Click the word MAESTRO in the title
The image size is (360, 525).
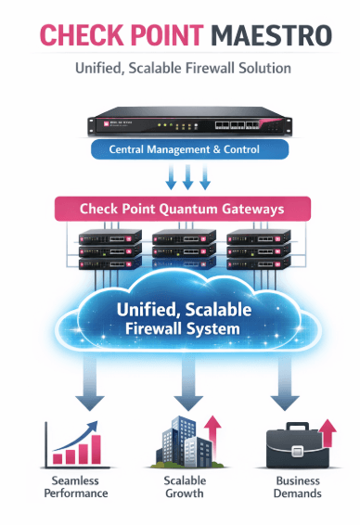(269, 35)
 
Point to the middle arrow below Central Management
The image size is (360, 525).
(187, 176)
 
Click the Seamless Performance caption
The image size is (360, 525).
(73, 487)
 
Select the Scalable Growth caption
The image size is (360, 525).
(185, 487)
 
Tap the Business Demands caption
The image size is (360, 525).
(297, 487)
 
